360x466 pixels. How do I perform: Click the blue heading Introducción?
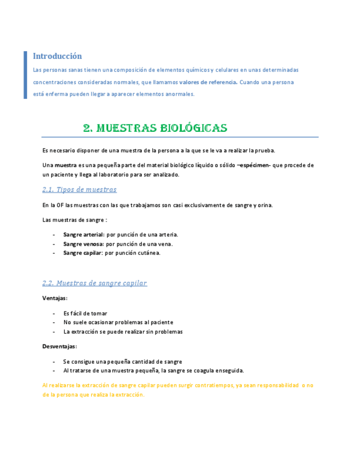[57, 56]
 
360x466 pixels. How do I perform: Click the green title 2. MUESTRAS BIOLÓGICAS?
[155, 129]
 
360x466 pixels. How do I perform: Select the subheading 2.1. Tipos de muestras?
[79, 190]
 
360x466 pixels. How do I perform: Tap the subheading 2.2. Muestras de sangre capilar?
[95, 284]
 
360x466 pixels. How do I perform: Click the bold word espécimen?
[253, 165]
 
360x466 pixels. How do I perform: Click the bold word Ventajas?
[54, 298]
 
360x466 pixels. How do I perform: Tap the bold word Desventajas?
[59, 347]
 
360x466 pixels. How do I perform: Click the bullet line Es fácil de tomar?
[85, 313]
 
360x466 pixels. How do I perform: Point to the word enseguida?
[229, 370]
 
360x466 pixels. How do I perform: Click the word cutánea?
[147, 253]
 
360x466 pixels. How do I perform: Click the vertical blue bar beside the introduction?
[25, 75]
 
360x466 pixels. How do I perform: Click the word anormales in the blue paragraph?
[178, 94]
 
